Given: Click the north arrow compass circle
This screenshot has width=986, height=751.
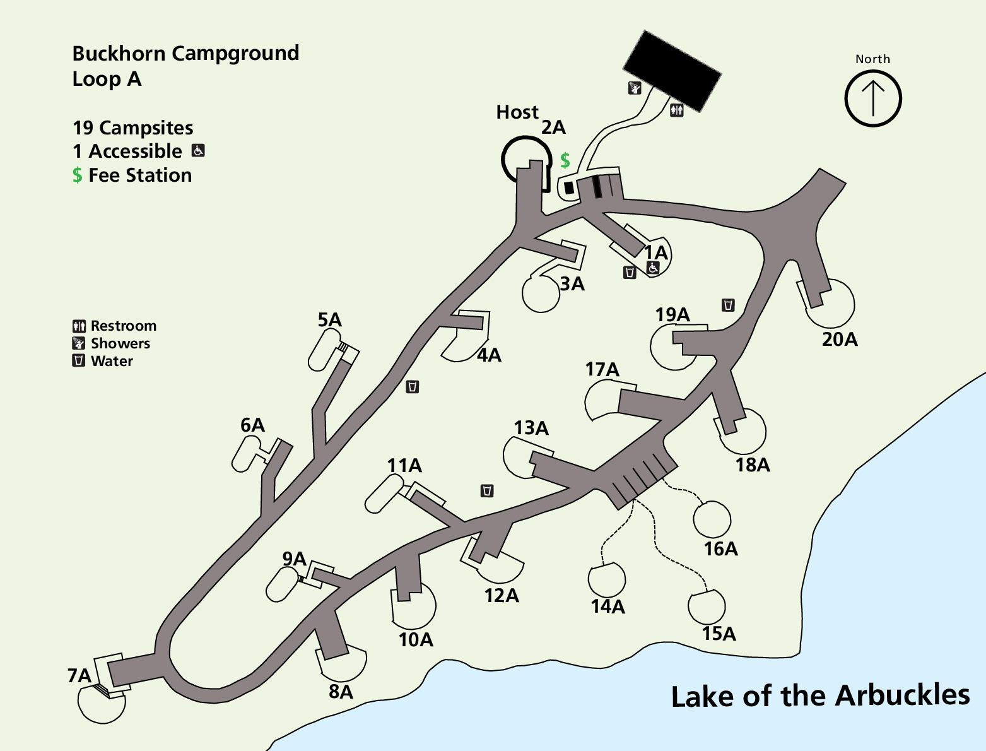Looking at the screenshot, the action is click(873, 98).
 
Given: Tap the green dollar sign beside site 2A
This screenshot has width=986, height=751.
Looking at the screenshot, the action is click(565, 160).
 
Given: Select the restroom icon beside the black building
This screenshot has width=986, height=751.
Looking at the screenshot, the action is click(677, 110).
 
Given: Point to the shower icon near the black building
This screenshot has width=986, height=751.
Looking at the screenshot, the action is click(635, 88).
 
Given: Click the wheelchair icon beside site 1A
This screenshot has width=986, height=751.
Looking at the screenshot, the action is click(653, 268).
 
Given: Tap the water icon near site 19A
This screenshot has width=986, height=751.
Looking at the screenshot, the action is click(728, 305).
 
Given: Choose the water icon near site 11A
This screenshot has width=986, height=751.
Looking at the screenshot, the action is click(487, 490).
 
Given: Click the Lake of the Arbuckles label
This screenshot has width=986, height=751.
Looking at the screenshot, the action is click(820, 696).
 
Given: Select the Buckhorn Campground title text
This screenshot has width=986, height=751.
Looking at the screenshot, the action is click(185, 54).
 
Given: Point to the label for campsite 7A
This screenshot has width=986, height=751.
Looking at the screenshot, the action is click(79, 676).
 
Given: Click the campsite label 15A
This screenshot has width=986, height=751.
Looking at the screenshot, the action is click(719, 634).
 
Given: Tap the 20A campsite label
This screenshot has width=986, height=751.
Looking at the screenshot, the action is click(840, 340).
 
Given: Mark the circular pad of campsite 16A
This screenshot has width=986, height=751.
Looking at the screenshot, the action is click(712, 519).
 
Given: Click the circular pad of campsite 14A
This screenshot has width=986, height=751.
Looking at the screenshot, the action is click(607, 579).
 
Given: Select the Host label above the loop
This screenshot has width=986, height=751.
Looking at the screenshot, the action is click(517, 112).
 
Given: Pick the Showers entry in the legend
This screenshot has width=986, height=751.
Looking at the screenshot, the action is click(120, 343).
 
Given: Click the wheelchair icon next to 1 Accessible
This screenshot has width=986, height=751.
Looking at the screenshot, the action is click(198, 151).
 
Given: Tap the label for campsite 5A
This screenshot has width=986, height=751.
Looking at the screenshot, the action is click(329, 320).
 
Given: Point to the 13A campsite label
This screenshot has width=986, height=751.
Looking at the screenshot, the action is click(531, 428).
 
